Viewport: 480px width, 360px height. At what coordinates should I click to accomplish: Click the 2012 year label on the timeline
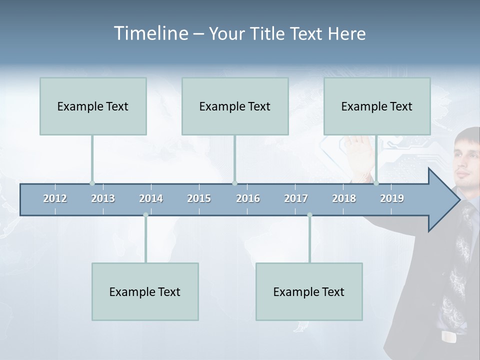click(55, 198)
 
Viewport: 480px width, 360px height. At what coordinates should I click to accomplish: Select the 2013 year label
click(103, 198)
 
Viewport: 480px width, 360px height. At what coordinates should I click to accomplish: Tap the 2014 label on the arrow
click(151, 198)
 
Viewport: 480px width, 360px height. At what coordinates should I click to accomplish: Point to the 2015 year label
click(199, 198)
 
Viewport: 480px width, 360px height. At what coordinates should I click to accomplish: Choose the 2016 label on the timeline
click(248, 198)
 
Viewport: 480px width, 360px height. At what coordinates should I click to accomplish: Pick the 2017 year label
click(296, 198)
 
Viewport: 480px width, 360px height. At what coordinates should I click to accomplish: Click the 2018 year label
click(344, 198)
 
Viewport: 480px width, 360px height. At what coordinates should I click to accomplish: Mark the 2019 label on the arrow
click(392, 198)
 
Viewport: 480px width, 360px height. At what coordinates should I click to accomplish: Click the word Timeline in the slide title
click(150, 33)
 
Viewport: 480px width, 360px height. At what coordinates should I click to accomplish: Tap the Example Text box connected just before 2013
click(93, 106)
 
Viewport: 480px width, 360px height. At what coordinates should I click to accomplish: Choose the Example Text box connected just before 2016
click(235, 106)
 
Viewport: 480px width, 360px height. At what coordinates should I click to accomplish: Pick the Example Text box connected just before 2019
click(377, 106)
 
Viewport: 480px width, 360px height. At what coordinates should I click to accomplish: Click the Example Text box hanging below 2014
click(145, 292)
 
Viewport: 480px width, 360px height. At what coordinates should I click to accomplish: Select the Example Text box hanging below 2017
click(309, 292)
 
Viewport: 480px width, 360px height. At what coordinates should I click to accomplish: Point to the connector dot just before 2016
click(234, 183)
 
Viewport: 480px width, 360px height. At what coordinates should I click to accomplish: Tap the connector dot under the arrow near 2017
click(309, 215)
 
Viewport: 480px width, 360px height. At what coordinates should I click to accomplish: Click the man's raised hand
click(359, 152)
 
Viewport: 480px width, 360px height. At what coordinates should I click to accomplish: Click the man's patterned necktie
click(459, 270)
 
